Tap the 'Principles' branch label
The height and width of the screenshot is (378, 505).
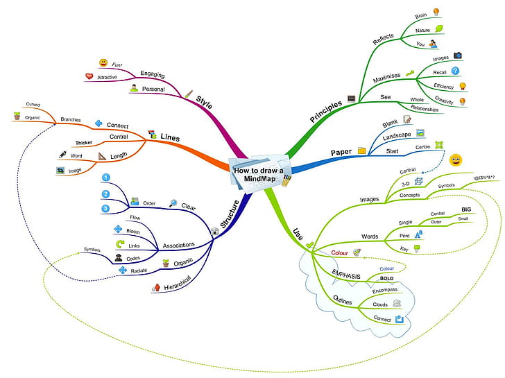point(325,110)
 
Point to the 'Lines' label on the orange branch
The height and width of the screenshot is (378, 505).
point(171,137)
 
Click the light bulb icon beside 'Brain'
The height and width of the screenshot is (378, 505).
point(436,11)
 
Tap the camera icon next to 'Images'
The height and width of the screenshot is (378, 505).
point(457,55)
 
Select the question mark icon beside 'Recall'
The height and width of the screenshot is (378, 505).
point(455,71)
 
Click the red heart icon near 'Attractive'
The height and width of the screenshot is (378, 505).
point(89,76)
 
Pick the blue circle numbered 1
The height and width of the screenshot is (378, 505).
point(105,178)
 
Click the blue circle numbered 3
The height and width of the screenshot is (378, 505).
point(105,208)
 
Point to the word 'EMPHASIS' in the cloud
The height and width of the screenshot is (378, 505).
point(346,275)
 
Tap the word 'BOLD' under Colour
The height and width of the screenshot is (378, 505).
point(386,278)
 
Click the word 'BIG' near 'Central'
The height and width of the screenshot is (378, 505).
point(466,208)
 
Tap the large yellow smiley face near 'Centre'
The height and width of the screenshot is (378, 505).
point(456,160)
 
